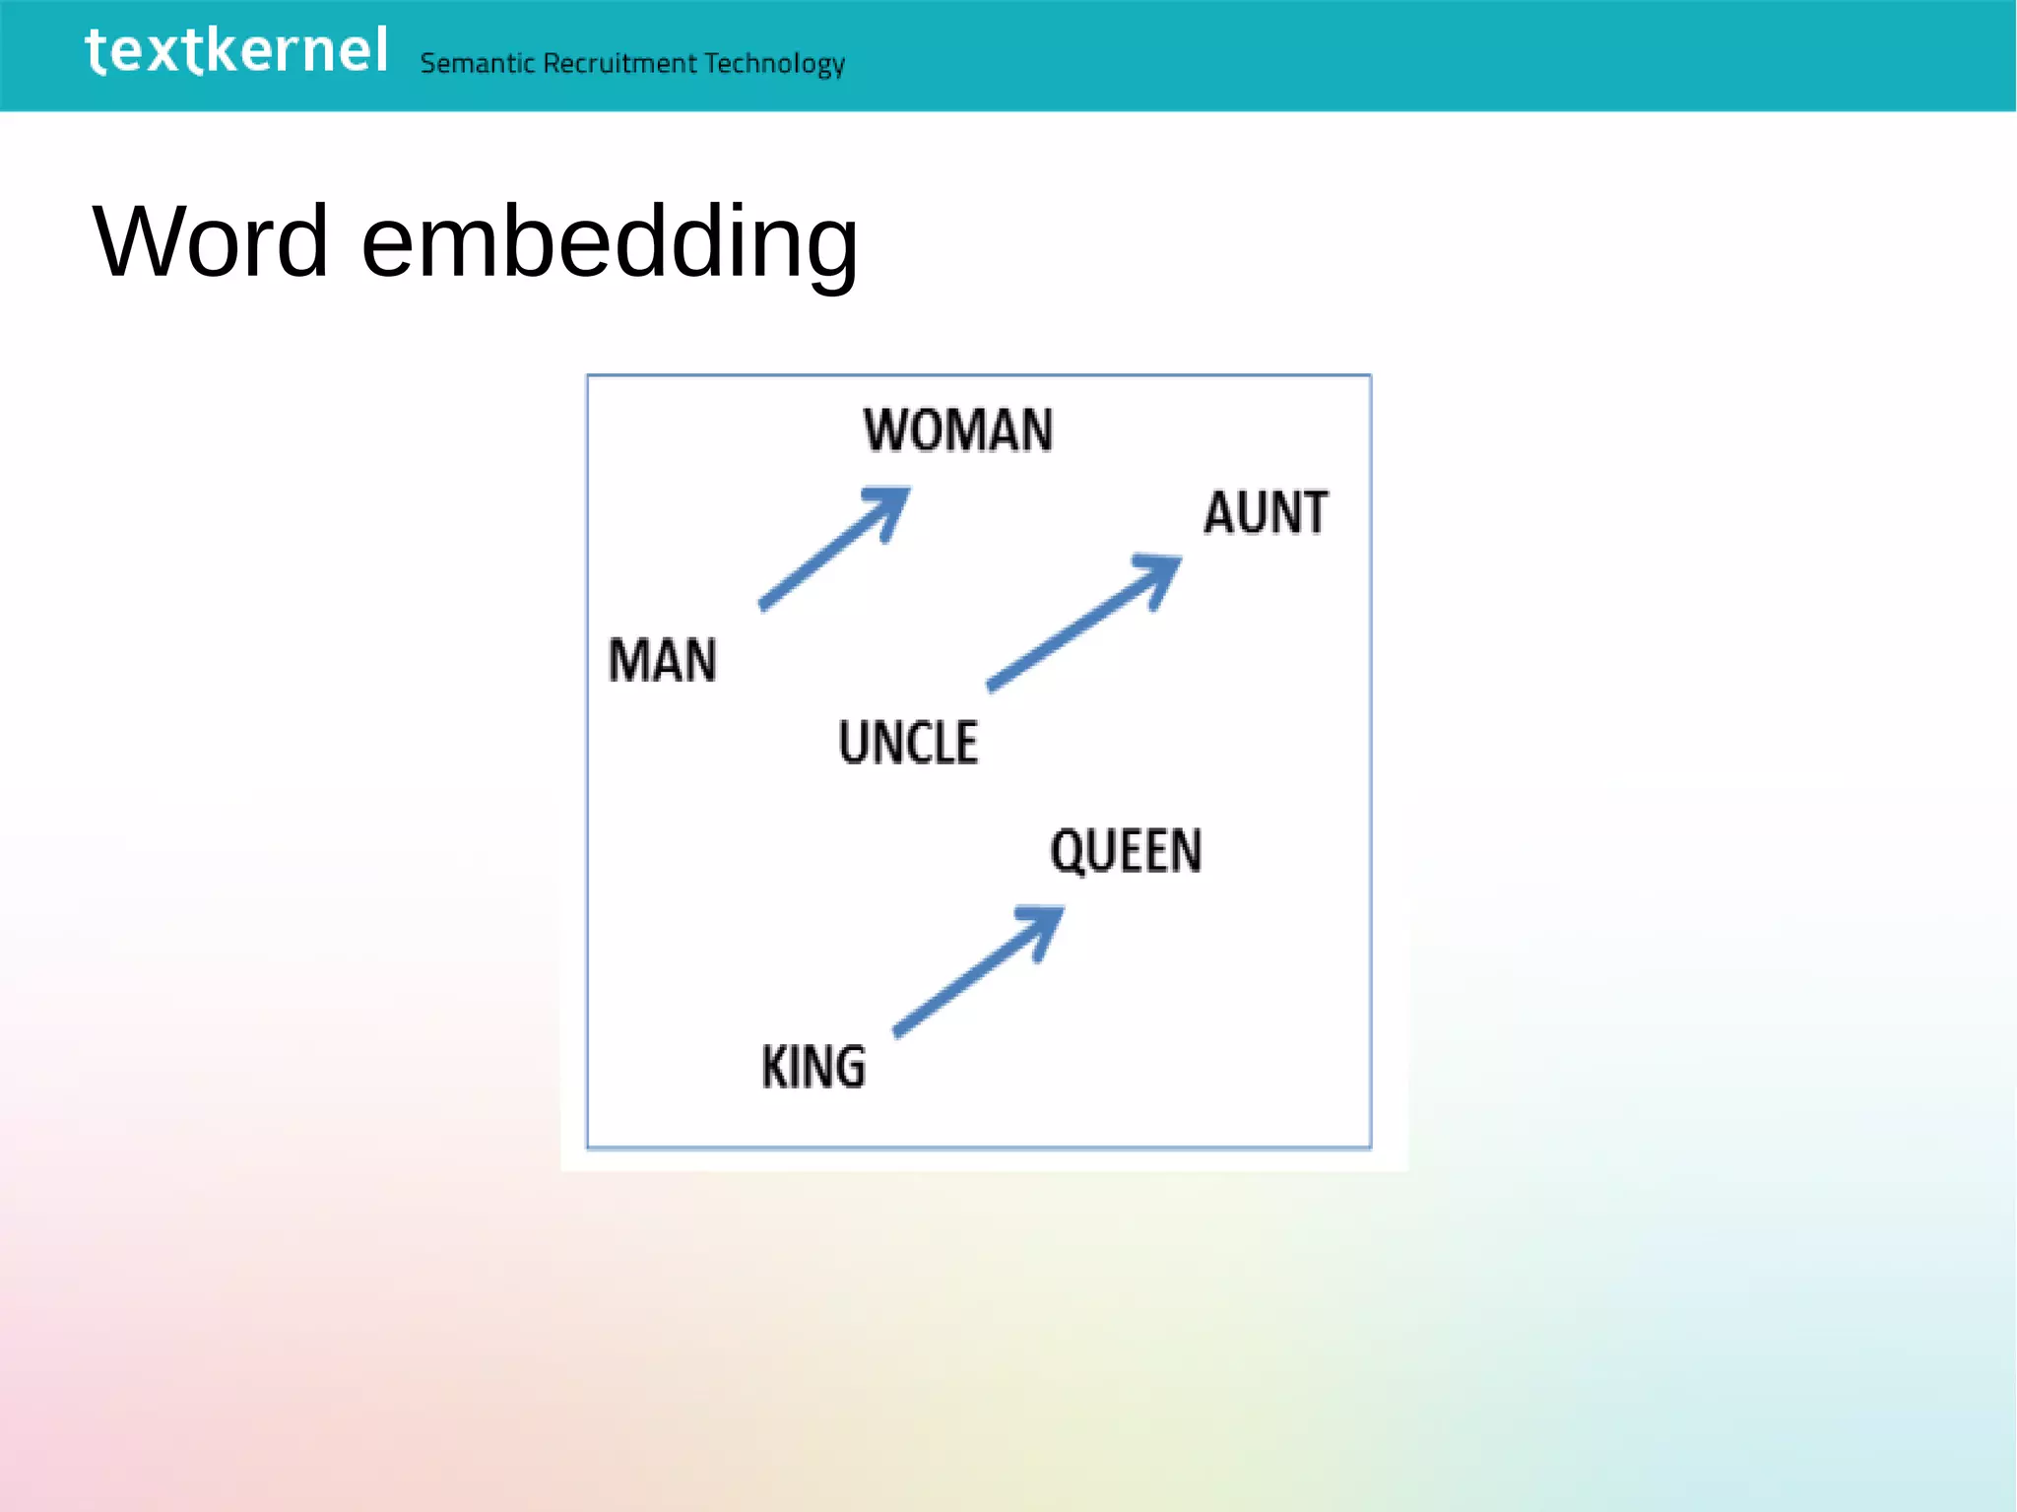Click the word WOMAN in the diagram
click(958, 430)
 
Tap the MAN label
click(662, 660)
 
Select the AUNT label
click(1266, 513)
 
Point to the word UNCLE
click(908, 743)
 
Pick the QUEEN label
click(1126, 851)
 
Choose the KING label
click(813, 1068)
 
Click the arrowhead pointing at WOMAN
click(890, 503)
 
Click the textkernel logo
click(236, 51)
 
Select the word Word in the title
click(210, 241)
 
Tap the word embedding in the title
click(610, 243)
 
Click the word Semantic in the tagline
click(477, 64)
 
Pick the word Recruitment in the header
click(619, 64)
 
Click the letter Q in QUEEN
click(1067, 852)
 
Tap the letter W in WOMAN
click(884, 430)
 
